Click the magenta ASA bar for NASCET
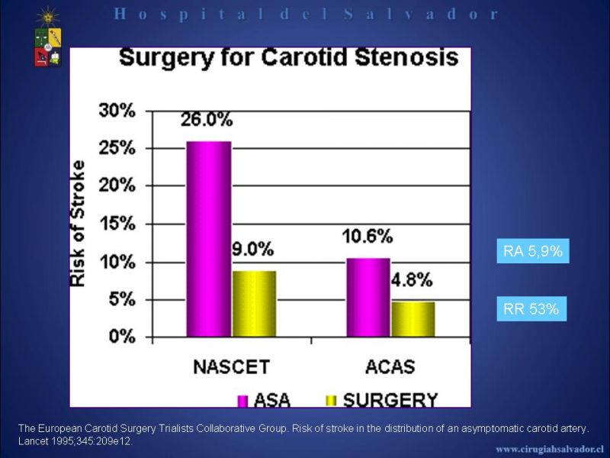tap(209, 239)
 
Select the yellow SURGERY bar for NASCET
tap(254, 304)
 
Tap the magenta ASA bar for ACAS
tap(368, 297)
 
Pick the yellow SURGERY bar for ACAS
tap(413, 319)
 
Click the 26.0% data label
tap(207, 120)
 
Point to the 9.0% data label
tap(253, 250)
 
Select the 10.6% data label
tap(368, 237)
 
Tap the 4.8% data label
tap(412, 280)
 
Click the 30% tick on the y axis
tap(117, 111)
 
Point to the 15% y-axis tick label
tap(117, 224)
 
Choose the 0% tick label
tap(122, 337)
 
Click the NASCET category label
tap(232, 367)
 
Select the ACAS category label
tap(390, 367)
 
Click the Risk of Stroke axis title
tap(77, 224)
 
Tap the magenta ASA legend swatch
tap(242, 402)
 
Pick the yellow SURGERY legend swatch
tap(331, 401)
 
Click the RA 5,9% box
tap(533, 251)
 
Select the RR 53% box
tap(531, 309)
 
